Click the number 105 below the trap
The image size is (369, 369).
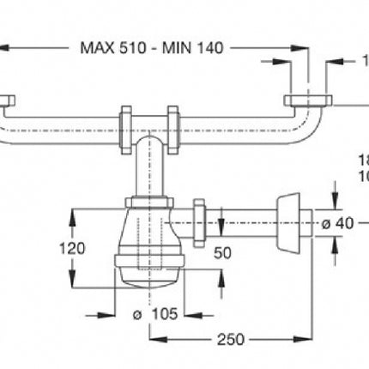pyautogui.click(x=160, y=314)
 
